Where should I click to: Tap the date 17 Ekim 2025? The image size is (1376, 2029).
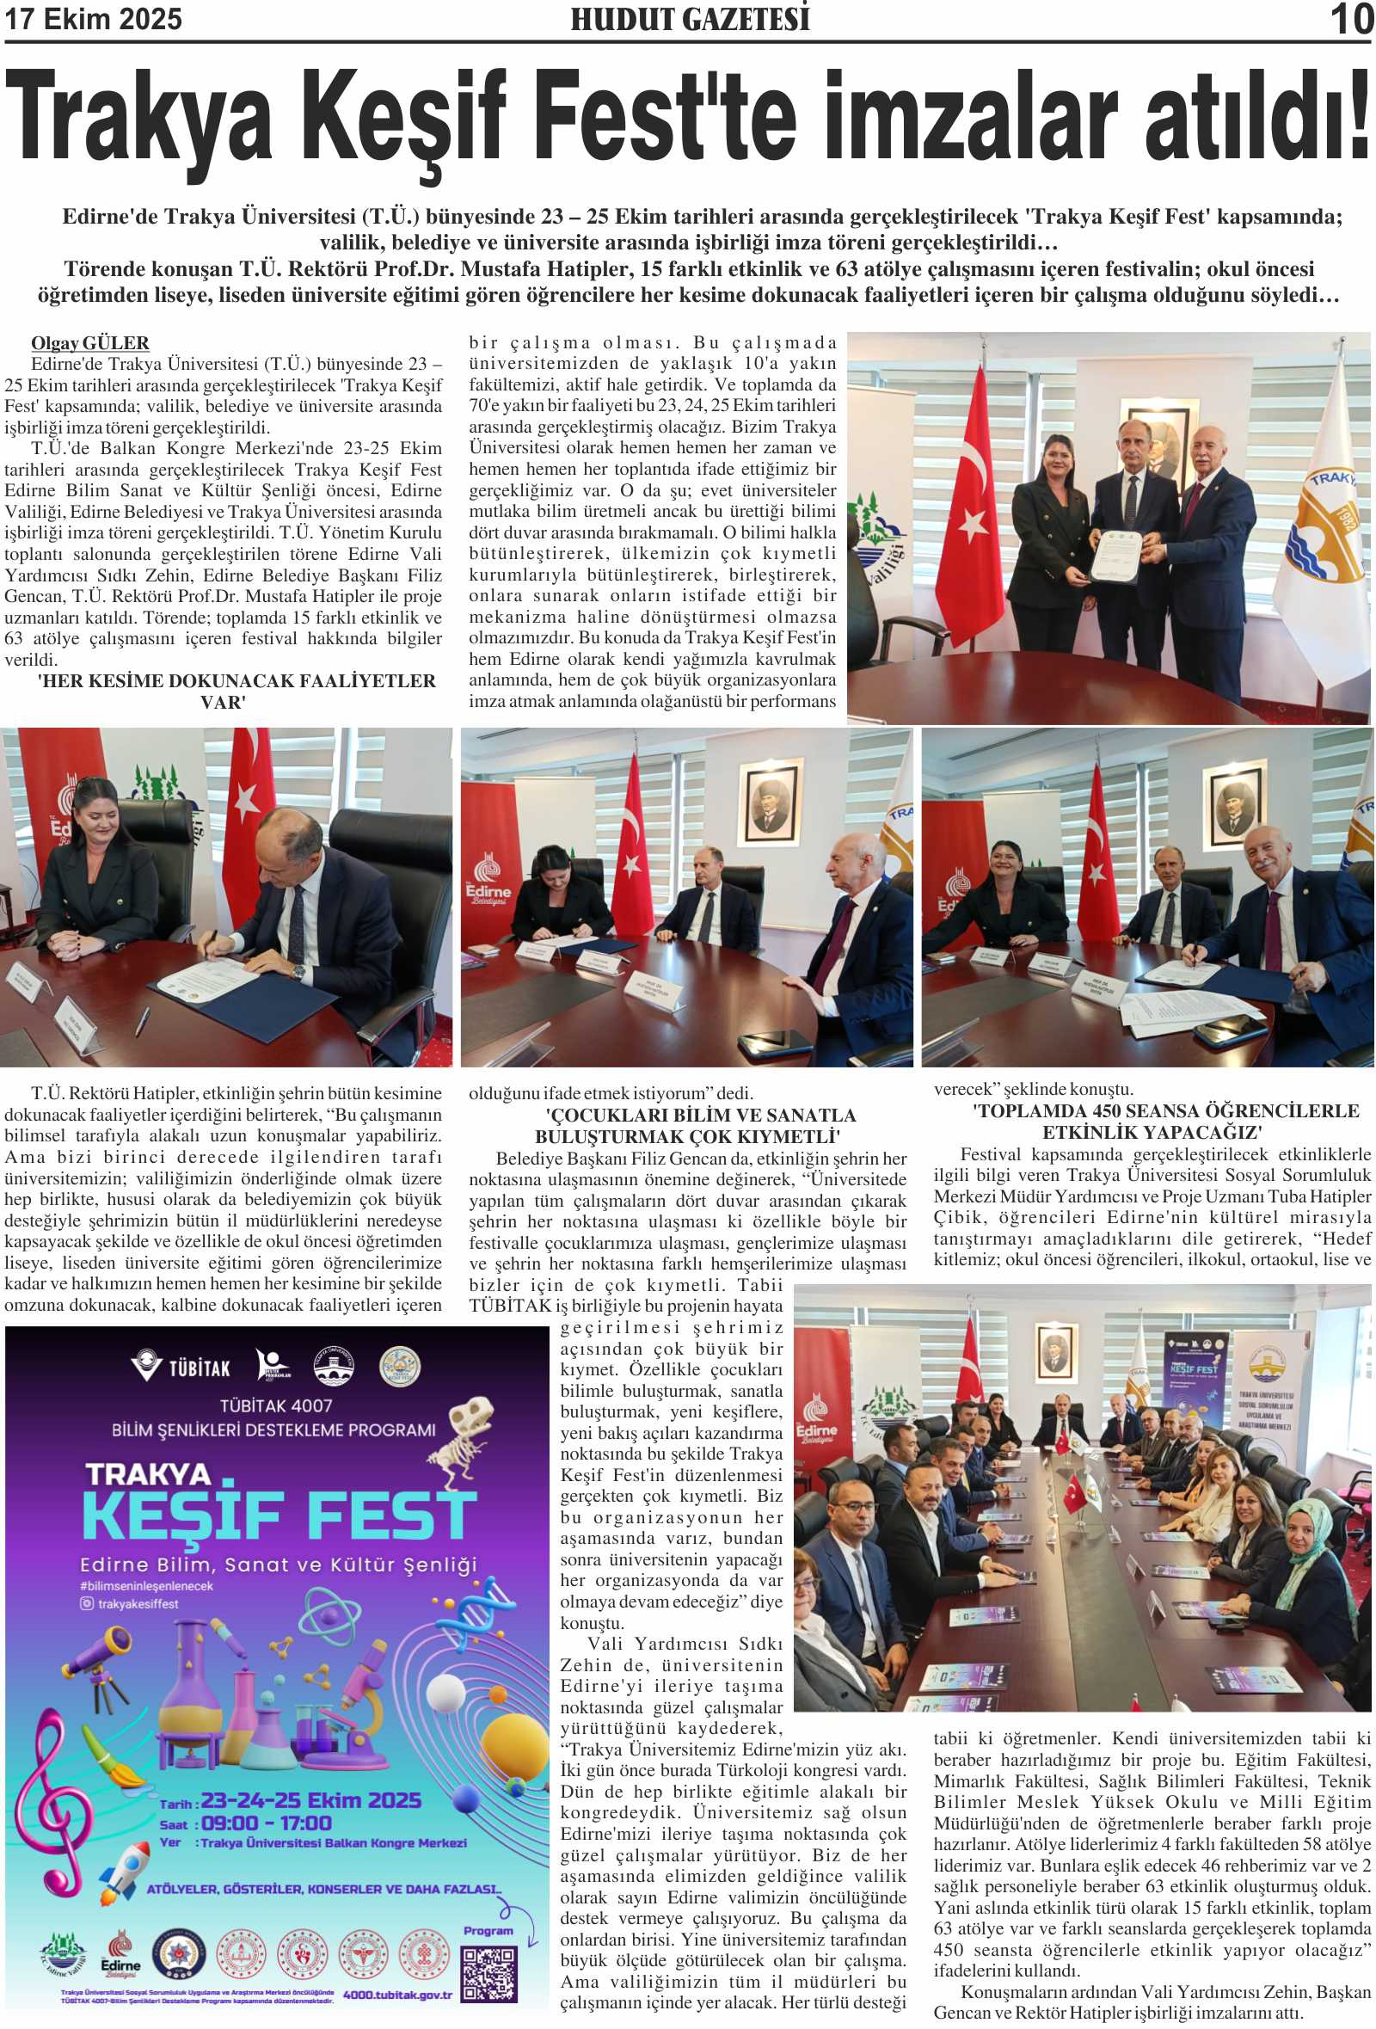94,18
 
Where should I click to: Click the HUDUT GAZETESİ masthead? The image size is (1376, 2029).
690,19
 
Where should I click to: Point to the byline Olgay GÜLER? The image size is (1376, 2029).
90,343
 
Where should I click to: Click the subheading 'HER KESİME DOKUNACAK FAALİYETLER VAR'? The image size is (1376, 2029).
236,692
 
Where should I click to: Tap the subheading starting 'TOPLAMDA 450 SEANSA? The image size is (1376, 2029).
1152,1122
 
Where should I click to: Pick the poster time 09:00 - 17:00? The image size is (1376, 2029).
266,1823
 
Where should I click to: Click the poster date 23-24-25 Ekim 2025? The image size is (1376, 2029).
310,1800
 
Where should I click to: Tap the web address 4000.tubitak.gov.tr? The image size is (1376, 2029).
397,1995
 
